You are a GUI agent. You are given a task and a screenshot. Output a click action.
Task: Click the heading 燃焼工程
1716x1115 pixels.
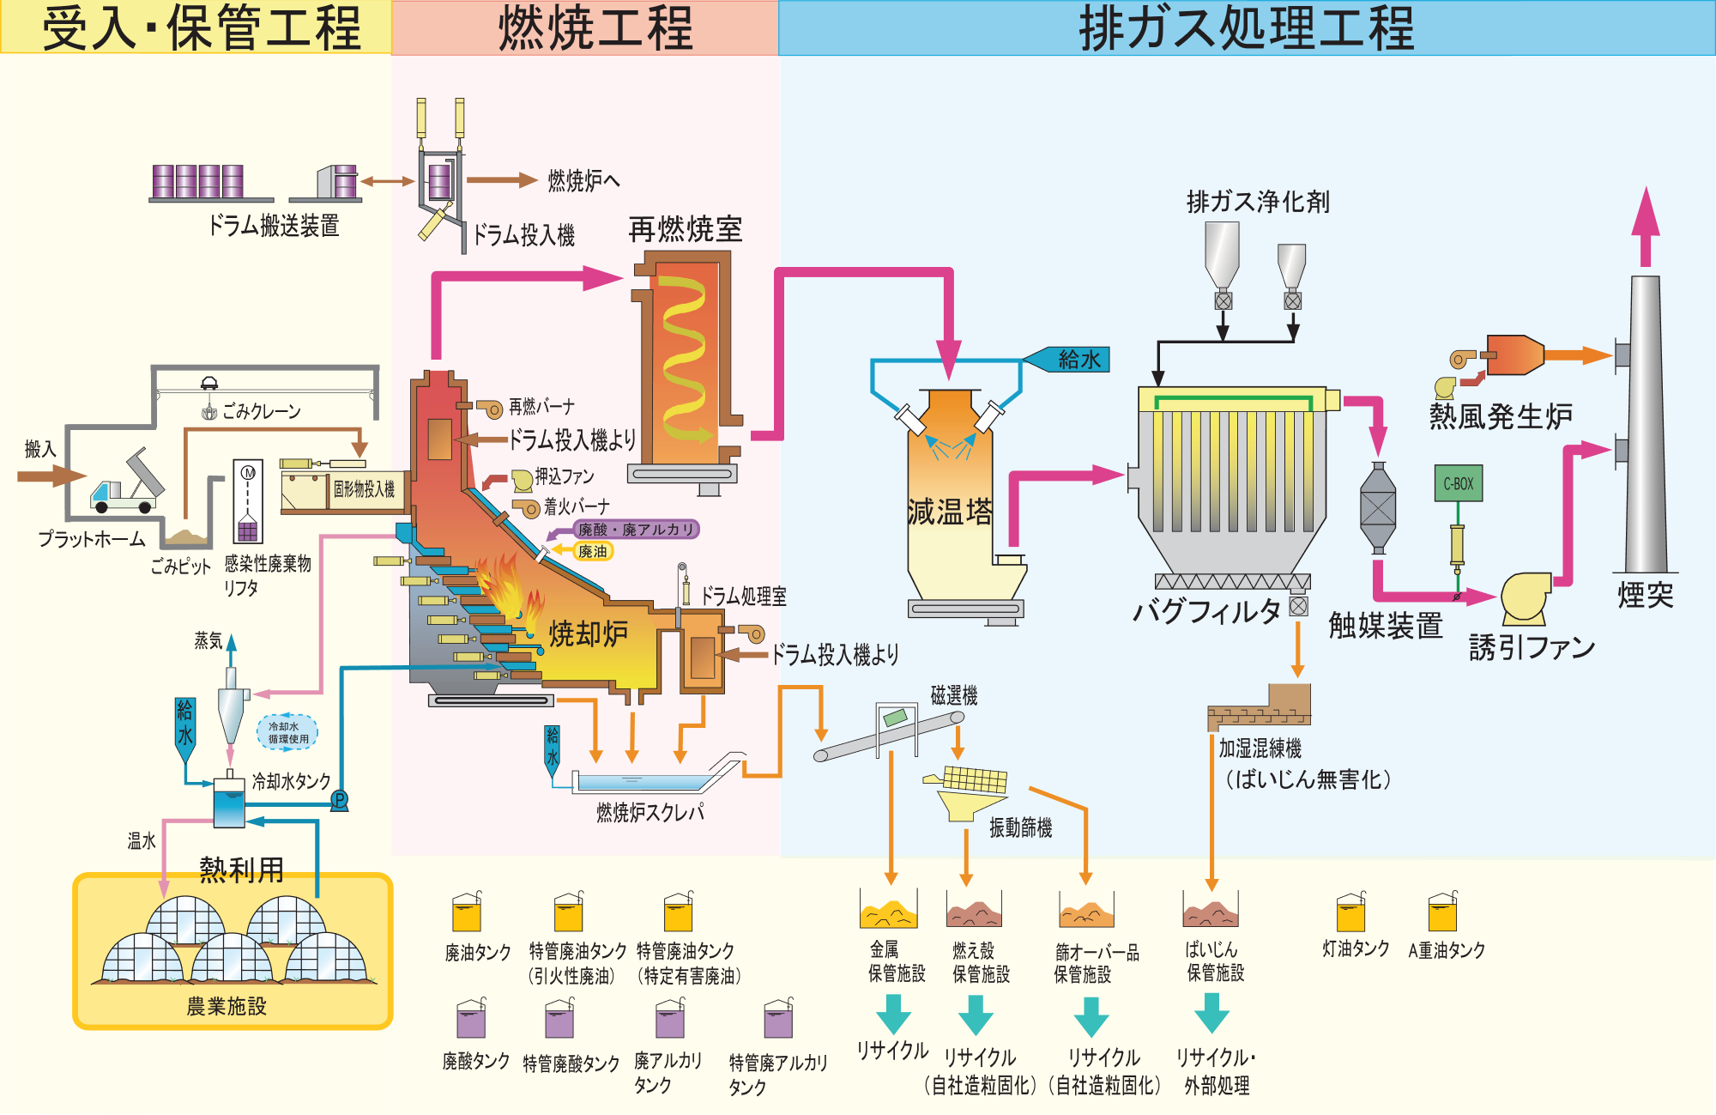(x=595, y=27)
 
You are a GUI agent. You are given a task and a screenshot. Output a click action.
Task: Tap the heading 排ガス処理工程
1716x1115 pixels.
(x=1245, y=27)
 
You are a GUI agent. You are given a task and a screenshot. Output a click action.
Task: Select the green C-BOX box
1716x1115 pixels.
(x=1458, y=483)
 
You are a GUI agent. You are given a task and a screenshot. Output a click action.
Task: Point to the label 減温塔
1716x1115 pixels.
(x=950, y=512)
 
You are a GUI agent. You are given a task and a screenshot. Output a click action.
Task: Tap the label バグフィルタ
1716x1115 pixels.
(x=1206, y=611)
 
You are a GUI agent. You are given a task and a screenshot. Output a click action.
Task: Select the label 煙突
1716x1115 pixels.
(x=1645, y=595)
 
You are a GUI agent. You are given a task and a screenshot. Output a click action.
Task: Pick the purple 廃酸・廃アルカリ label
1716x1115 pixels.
(x=636, y=530)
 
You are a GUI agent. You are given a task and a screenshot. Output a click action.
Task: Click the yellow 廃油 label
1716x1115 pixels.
(x=592, y=551)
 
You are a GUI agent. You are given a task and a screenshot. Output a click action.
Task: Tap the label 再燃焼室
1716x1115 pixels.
(x=685, y=229)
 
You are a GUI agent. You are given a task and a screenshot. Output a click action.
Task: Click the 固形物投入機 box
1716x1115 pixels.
(x=364, y=489)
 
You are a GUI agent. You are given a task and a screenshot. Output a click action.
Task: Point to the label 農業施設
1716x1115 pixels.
(x=227, y=1006)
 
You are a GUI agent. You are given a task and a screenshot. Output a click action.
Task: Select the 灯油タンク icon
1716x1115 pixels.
(x=1350, y=912)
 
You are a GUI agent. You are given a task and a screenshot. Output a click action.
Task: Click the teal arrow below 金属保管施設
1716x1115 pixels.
(x=893, y=1014)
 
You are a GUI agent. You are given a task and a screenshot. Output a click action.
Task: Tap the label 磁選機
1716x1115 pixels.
(x=954, y=695)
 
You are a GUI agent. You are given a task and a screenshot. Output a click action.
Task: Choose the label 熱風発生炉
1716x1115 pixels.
(x=1500, y=416)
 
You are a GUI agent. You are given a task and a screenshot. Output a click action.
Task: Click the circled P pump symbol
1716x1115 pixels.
(x=340, y=801)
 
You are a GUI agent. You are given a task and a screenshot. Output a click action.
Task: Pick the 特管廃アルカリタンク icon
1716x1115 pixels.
(x=778, y=1019)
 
